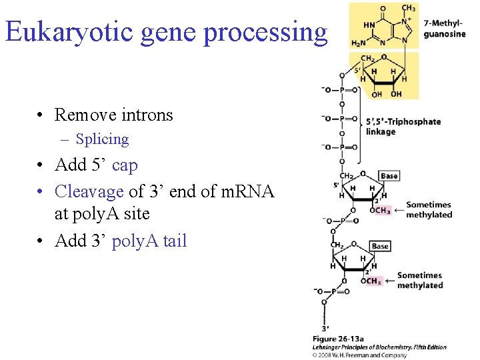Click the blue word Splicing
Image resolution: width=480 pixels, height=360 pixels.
[x=102, y=139]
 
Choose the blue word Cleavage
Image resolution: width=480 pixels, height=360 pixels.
[x=89, y=191]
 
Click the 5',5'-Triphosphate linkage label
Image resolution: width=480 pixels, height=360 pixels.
[x=403, y=127]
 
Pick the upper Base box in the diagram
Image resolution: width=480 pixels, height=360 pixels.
[x=389, y=176]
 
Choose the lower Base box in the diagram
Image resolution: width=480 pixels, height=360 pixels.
[x=380, y=246]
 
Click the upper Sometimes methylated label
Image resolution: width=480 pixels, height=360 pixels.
[x=429, y=209]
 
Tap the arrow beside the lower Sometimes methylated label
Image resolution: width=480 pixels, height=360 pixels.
[x=389, y=281]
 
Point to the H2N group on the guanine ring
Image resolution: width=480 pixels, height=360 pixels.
[x=359, y=44]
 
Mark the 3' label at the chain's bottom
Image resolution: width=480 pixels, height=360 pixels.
[x=325, y=328]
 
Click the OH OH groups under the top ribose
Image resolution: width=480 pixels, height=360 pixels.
[x=387, y=94]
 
